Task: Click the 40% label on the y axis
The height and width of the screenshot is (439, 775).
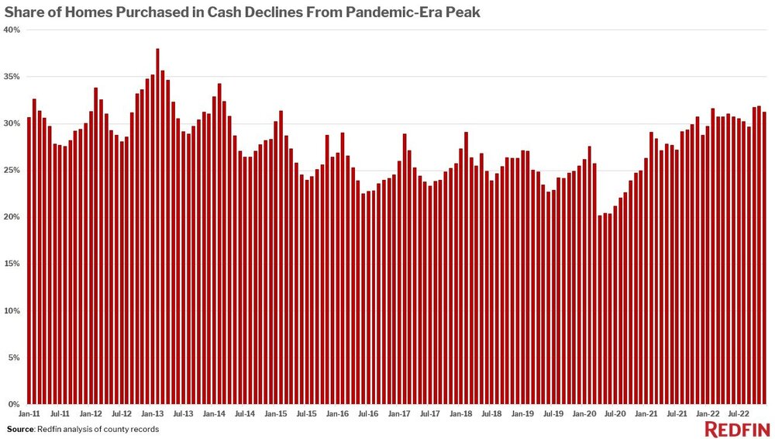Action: click(x=13, y=29)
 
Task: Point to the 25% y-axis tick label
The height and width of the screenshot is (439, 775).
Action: click(x=13, y=170)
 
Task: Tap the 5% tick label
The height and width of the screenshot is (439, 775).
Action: click(x=15, y=358)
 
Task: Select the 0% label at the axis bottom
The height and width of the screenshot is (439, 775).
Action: click(x=15, y=405)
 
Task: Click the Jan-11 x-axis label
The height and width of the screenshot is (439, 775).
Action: click(x=29, y=415)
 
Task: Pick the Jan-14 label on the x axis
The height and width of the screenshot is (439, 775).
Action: click(x=214, y=415)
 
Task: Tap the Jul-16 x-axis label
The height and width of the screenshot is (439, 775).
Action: click(x=368, y=415)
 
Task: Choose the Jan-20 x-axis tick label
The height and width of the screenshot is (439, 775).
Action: click(x=584, y=415)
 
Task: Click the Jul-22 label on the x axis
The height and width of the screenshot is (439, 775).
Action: click(x=737, y=415)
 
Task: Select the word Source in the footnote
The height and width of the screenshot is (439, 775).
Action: click(x=21, y=429)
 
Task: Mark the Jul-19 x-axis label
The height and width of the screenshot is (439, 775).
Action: click(x=553, y=415)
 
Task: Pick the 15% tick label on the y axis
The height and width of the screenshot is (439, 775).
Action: click(x=13, y=264)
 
